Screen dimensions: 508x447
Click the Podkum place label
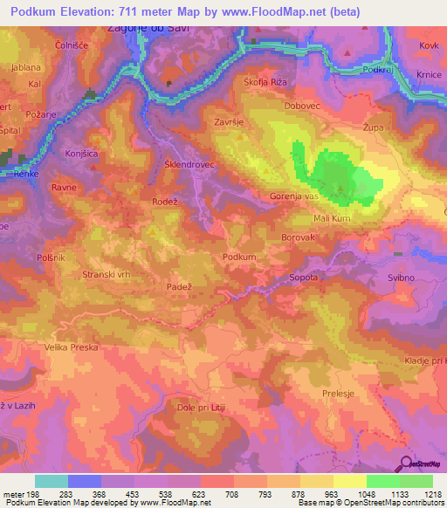[x=239, y=257]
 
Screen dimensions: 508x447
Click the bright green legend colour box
[x=382, y=481]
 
